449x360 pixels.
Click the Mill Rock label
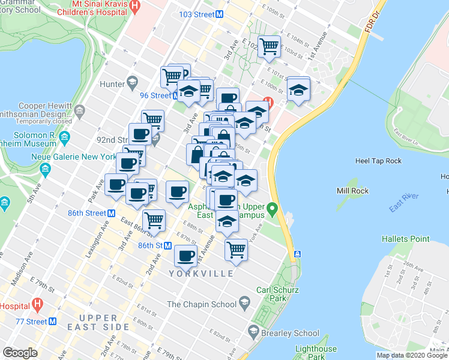352,191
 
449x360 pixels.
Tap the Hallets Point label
406,239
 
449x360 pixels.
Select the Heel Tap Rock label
378,161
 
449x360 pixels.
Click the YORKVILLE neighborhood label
202,274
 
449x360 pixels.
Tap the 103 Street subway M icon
220,14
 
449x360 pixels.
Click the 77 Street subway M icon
52,321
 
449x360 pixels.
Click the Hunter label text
112,84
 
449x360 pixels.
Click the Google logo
20,352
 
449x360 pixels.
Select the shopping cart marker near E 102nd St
270,46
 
